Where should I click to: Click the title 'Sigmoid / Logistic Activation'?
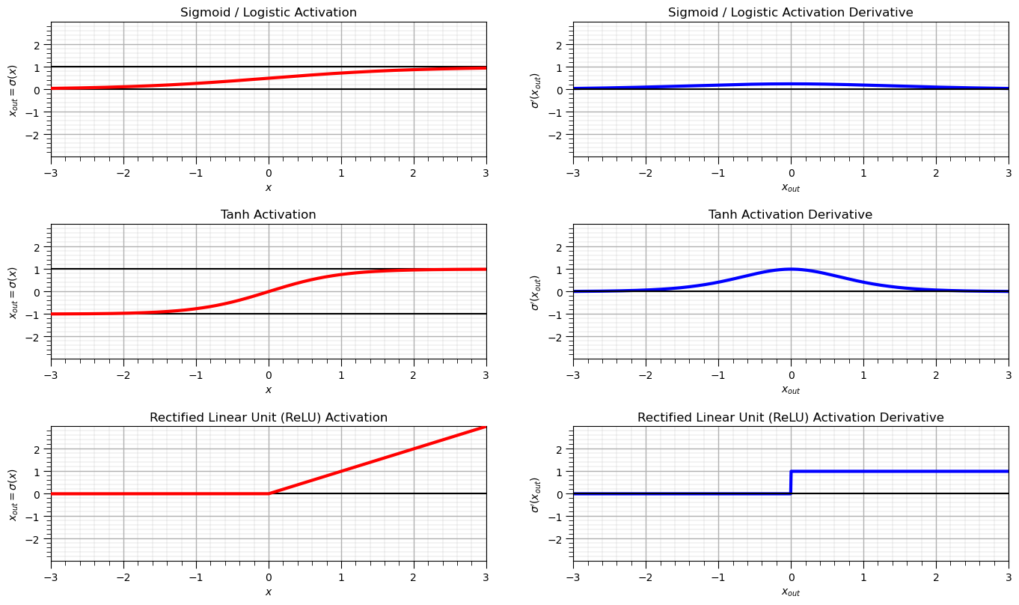[x=269, y=13]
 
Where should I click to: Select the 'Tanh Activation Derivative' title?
[x=790, y=215]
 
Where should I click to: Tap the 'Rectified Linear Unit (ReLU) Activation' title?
[x=269, y=417]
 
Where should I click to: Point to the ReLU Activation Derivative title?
[x=790, y=417]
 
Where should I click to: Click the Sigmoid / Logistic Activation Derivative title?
[x=790, y=13]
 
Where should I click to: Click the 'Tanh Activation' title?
[x=269, y=215]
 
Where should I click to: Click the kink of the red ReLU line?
[x=269, y=493]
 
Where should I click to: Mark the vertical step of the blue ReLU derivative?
[x=791, y=482]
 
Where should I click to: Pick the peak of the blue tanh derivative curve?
[x=791, y=269]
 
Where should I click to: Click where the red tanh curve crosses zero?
[x=269, y=291]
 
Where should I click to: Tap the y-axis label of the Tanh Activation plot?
[x=13, y=292]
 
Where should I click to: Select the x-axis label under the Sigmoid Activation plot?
[x=269, y=187]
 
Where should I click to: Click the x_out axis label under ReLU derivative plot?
[x=790, y=592]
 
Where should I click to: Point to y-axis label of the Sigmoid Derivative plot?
[x=535, y=90]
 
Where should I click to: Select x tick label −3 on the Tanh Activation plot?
[x=51, y=375]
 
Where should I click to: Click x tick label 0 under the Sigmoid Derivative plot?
[x=791, y=173]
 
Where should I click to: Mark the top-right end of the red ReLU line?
[x=485, y=427]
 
